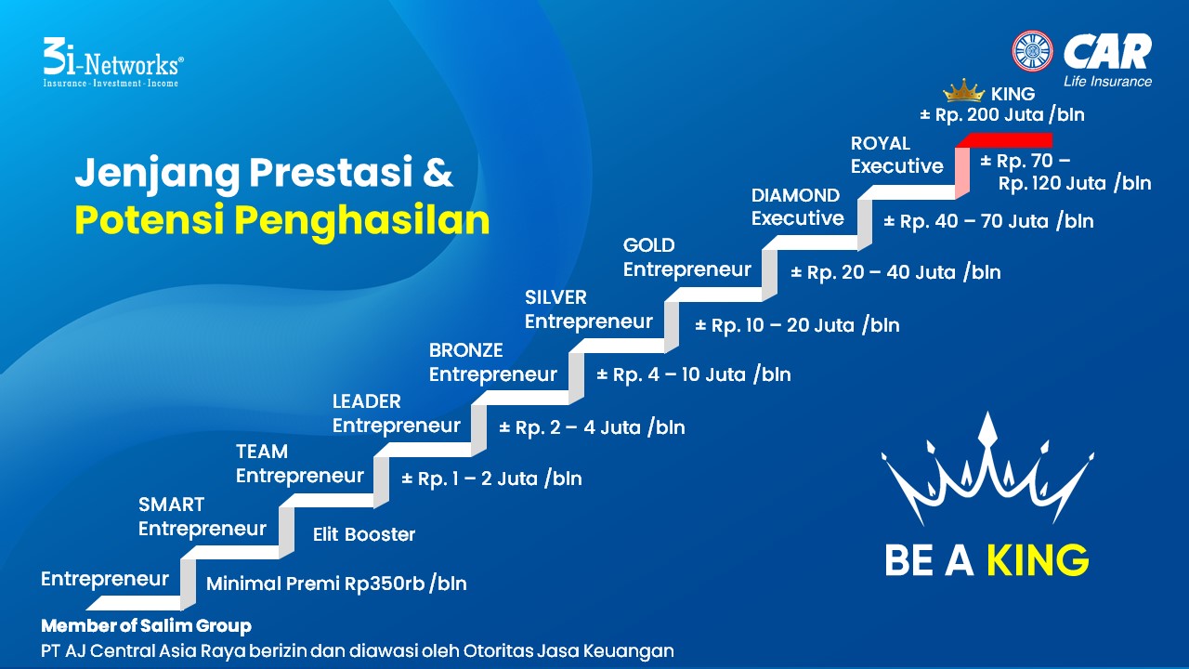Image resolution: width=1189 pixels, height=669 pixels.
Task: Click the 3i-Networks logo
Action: pos(113,62)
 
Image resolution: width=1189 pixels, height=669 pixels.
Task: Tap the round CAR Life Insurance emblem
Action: pos(1032,51)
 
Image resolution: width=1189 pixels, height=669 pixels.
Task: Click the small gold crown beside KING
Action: pos(963,90)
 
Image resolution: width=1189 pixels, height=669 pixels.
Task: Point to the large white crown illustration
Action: pos(987,470)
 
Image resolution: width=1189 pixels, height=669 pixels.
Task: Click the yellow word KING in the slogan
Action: pos(1038,560)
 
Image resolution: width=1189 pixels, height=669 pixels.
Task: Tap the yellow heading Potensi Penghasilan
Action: pos(281,221)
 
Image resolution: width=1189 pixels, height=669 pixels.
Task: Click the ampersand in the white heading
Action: pos(438,172)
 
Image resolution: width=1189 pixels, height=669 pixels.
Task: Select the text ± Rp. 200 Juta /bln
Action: pos(1002,114)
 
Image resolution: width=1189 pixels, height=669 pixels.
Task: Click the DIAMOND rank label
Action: pos(795,195)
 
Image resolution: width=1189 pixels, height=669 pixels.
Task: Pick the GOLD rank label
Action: pos(648,245)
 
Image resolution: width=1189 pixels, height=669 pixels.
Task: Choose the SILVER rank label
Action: pos(555,297)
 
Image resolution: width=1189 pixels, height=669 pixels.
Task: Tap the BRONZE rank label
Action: pos(465,350)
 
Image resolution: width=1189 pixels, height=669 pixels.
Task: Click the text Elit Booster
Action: pos(364,534)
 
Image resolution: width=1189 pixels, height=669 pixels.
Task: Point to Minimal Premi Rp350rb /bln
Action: pos(336,584)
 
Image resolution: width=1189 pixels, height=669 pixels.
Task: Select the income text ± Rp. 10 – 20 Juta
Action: pos(775,325)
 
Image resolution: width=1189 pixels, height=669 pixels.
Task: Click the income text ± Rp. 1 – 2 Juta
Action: pos(470,479)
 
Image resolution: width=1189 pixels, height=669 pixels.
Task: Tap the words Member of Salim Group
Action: pos(146,626)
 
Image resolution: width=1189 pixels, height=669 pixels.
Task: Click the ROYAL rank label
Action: pos(880,143)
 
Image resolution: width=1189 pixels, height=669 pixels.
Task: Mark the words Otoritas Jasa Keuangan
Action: pos(568,651)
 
